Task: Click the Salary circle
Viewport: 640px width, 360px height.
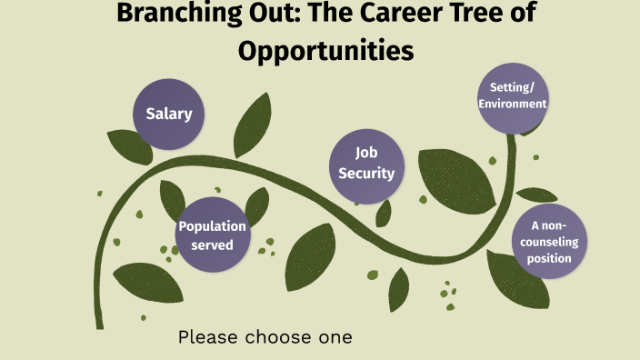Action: tap(169, 115)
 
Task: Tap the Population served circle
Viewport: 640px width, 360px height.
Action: tap(213, 235)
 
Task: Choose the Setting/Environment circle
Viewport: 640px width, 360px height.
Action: tap(514, 96)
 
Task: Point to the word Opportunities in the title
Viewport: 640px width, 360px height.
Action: tap(325, 51)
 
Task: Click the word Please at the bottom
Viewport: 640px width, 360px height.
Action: tap(207, 337)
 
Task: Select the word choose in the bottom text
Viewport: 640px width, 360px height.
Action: tap(277, 337)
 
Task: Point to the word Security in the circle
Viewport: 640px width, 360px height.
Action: tap(366, 174)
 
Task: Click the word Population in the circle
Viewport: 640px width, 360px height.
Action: tap(213, 226)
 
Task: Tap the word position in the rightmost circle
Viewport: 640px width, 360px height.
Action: tap(553, 259)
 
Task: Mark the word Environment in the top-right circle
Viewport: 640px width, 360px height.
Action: tap(514, 104)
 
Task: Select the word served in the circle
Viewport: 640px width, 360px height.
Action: tap(213, 245)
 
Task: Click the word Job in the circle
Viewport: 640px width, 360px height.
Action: tap(366, 155)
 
